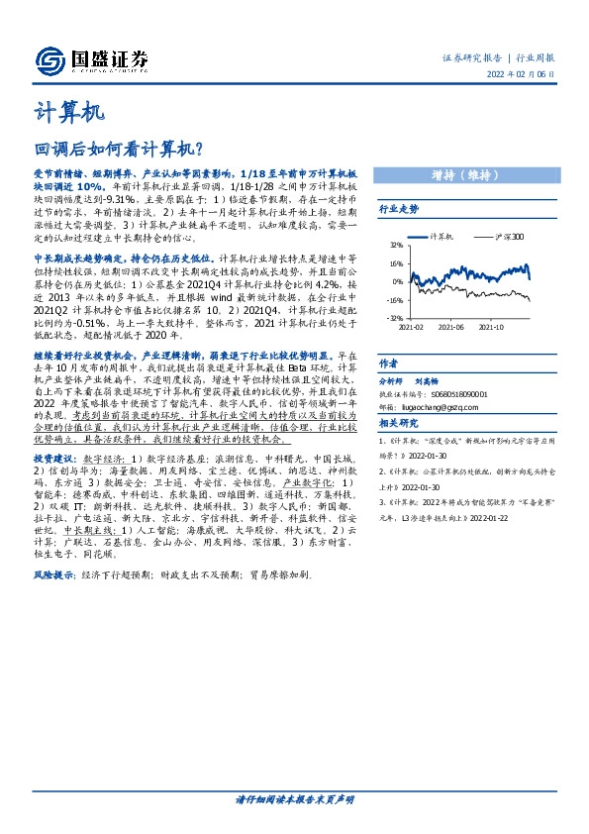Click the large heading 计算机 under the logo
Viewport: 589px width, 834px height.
click(69, 112)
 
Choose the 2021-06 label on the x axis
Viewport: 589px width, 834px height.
click(451, 325)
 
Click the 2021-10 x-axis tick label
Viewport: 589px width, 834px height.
click(491, 325)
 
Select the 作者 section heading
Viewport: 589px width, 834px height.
click(388, 364)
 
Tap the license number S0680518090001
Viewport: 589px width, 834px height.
click(457, 392)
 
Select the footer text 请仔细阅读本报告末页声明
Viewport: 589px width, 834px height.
click(294, 798)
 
